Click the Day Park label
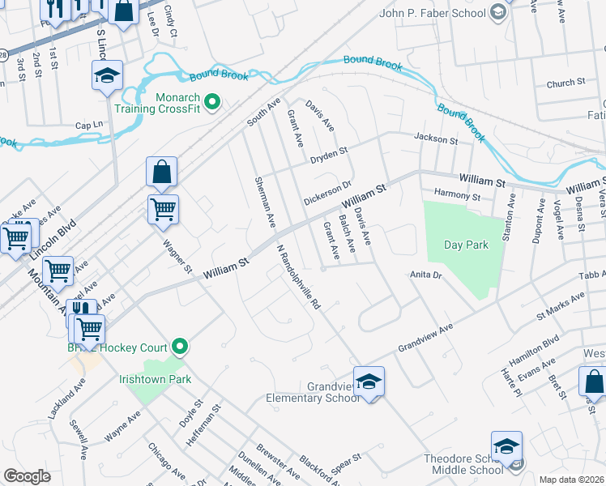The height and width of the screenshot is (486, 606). click(x=466, y=245)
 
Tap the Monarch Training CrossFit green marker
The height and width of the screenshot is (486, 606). click(x=212, y=102)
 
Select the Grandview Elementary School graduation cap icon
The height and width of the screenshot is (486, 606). click(x=369, y=380)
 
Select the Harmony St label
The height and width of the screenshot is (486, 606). click(x=458, y=195)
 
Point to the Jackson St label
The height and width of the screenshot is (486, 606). click(x=436, y=139)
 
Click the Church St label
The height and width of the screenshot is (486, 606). click(x=565, y=83)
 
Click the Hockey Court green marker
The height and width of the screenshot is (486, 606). click(x=181, y=347)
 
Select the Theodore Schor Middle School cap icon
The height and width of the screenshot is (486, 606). click(x=506, y=445)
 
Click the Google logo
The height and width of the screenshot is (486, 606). click(x=27, y=476)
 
